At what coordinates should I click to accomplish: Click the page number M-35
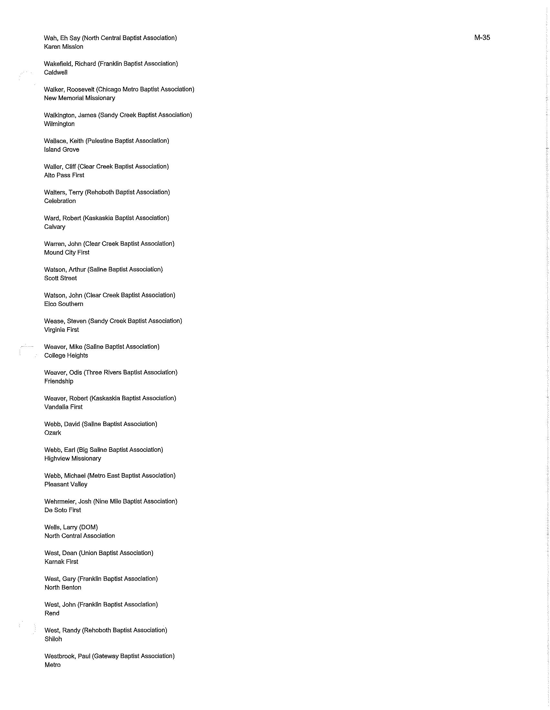(x=482, y=37)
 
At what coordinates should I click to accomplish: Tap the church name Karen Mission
(x=63, y=47)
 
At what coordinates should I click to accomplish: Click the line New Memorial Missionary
(x=79, y=98)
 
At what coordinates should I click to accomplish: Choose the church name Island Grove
(x=61, y=149)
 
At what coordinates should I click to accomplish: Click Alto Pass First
(x=64, y=175)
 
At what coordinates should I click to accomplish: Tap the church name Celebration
(x=60, y=201)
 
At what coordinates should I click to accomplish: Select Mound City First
(x=66, y=252)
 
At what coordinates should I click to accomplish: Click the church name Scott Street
(x=60, y=278)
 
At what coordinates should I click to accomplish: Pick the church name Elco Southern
(x=63, y=304)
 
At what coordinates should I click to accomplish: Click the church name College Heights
(x=66, y=356)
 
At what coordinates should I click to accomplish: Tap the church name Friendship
(x=58, y=381)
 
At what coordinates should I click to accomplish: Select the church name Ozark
(x=53, y=433)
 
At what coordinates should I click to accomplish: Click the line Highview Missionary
(x=73, y=458)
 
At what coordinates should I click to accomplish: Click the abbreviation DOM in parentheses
(x=88, y=527)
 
